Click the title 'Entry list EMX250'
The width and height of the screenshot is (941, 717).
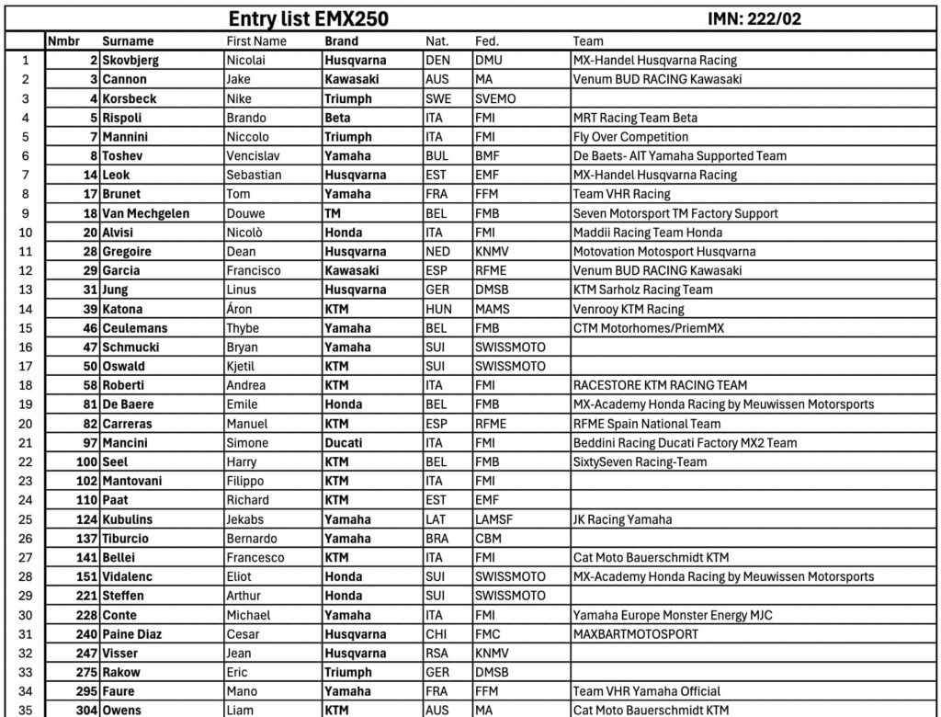[308, 19]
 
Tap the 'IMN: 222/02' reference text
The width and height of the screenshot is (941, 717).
[758, 19]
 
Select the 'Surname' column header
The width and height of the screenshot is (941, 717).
[128, 41]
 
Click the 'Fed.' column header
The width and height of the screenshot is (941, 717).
[487, 41]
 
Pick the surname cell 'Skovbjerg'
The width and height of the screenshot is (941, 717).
[130, 61]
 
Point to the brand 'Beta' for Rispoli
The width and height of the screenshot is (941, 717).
[338, 118]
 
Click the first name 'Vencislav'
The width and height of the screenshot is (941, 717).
[255, 156]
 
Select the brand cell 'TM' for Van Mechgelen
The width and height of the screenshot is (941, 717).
[334, 213]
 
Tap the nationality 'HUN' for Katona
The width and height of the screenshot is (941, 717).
[439, 309]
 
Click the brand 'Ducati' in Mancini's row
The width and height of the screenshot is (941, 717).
[343, 443]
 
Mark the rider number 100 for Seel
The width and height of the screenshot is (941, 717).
[87, 462]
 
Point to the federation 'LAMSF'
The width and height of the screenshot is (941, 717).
[494, 519]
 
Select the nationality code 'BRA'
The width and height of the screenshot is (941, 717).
[438, 539]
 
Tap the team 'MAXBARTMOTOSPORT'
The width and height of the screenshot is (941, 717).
[635, 634]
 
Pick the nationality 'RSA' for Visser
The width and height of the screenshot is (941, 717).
[438, 654]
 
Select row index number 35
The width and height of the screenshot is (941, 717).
[25, 711]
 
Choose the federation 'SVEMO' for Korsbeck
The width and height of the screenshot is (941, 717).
[495, 98]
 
